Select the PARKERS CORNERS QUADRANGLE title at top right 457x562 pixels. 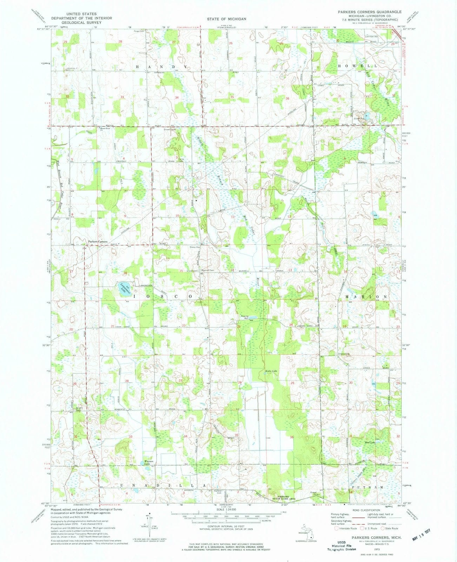point(365,12)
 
